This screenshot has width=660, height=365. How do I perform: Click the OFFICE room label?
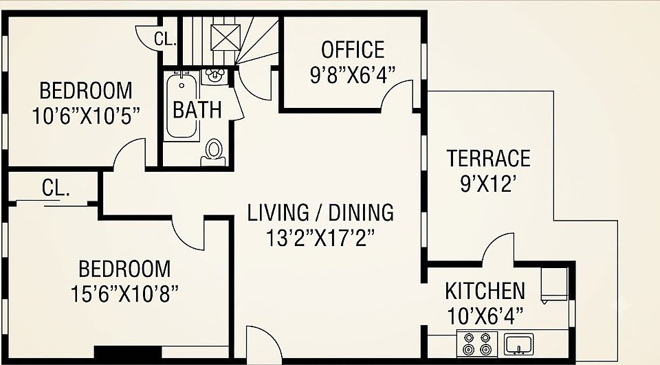353,49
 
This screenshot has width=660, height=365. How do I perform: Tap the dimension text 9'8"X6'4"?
353,76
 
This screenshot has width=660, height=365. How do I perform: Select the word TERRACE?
488,158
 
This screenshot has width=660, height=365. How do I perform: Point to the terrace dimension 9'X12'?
488,184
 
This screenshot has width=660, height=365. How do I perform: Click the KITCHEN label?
485,291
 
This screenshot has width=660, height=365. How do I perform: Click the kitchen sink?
518,344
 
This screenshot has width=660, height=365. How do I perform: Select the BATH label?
197,110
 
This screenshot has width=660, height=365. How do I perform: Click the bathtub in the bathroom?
181,106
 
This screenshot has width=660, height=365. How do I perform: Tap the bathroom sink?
214,76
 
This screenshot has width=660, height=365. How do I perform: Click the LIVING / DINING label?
320,212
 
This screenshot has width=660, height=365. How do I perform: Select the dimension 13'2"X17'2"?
320,238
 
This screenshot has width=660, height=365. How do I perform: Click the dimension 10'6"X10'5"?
86,115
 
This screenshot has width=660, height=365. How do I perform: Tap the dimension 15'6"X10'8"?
124,294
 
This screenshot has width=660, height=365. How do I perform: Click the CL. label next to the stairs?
164,38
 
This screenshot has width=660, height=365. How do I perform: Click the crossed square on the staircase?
225,38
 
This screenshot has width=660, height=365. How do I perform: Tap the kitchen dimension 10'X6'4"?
485,316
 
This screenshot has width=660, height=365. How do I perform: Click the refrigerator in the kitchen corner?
554,285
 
